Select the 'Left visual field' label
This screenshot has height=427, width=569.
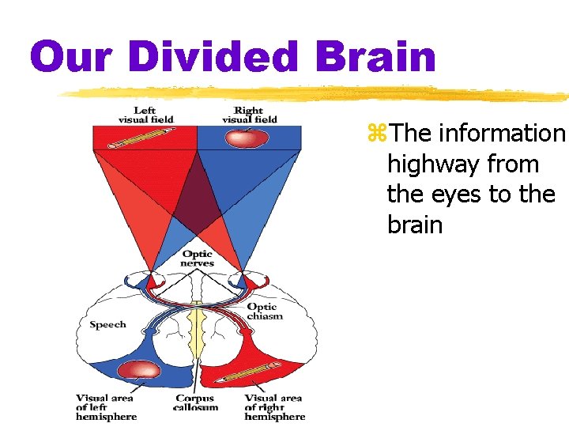(x=145, y=115)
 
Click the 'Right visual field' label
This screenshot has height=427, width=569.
(x=249, y=115)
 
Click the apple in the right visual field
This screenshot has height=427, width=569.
(x=247, y=138)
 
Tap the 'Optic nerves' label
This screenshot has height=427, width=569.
(x=197, y=259)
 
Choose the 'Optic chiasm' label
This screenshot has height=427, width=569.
(x=264, y=311)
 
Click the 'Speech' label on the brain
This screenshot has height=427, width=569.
(x=107, y=325)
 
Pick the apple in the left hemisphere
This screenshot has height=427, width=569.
(x=139, y=368)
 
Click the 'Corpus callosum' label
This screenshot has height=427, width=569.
(x=194, y=407)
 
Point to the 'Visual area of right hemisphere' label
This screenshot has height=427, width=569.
(x=273, y=407)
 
